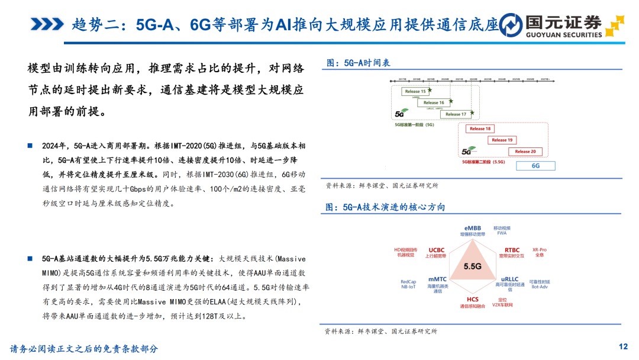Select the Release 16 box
434,103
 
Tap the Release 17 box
456,114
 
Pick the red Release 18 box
480,128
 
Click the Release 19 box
502,140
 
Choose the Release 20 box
525,152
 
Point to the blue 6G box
535,166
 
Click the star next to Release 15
430,90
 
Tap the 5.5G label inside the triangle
472,266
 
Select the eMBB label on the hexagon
472,228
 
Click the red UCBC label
437,250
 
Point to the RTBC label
512,250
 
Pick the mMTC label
437,279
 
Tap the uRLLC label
509,279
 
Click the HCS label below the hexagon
472,300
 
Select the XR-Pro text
539,250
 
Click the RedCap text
408,282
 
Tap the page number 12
622,346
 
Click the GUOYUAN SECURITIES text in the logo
564,35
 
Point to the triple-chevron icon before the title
47,24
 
